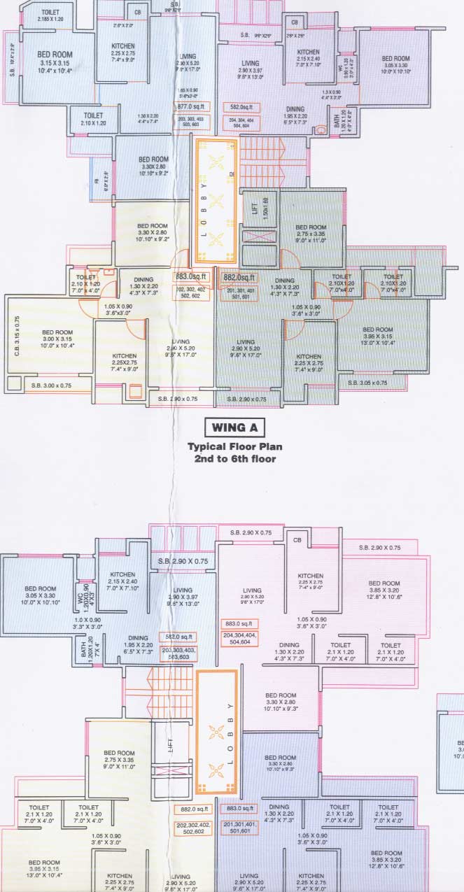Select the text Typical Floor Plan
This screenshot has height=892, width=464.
(x=231, y=446)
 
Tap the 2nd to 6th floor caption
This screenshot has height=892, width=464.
(x=231, y=459)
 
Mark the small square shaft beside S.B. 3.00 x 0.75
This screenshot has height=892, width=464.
(x=14, y=383)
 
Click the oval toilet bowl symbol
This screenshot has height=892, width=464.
(x=322, y=128)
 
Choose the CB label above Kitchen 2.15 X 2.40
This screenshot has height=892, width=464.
(x=295, y=22)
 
